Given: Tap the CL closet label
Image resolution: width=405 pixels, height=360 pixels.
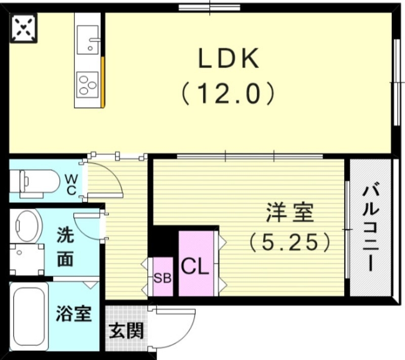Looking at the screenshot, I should point(195,267).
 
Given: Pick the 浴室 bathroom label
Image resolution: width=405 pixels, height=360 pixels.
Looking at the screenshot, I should point(73,314).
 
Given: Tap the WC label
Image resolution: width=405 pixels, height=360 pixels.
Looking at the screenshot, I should point(71,184).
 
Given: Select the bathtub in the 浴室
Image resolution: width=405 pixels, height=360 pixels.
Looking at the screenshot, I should point(29,316).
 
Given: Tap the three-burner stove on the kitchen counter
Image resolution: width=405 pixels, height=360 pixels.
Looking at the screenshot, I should point(88,84).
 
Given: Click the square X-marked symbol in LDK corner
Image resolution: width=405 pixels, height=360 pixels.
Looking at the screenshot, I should point(24,28).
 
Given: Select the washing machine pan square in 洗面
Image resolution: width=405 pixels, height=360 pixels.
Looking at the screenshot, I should point(26,259).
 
